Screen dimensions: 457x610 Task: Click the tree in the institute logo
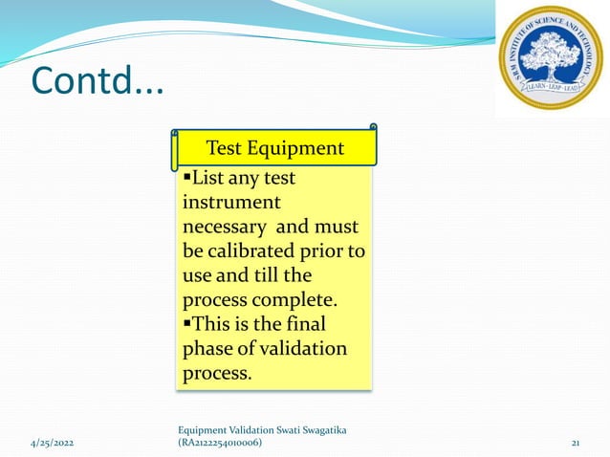(x=550, y=53)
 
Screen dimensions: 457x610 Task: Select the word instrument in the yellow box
(x=230, y=203)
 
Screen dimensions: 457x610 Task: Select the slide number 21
(x=576, y=443)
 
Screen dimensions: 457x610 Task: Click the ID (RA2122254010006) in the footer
(x=221, y=443)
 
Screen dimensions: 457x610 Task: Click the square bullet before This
(x=186, y=324)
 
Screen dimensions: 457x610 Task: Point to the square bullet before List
(x=186, y=179)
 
